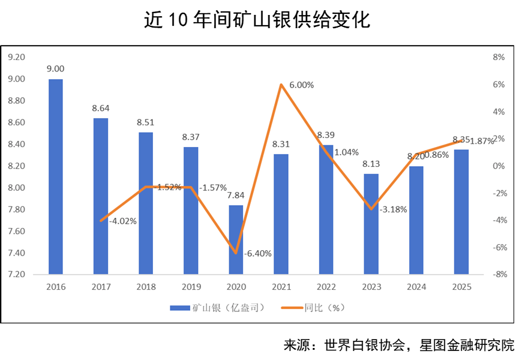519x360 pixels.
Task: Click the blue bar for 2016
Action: coord(56,176)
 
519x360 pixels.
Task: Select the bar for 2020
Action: coord(236,239)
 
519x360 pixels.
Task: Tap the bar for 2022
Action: coord(326,209)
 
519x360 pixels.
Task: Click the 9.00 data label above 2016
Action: coord(56,69)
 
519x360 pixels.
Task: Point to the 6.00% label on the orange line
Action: coord(301,85)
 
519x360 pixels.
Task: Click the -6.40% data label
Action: coord(258,253)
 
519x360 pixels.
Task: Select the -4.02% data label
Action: coord(123,220)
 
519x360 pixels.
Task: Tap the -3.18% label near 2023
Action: coord(393,209)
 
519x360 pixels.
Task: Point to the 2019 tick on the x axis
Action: coord(191,287)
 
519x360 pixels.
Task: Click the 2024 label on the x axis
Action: coord(416,287)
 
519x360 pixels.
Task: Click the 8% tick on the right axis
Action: coord(498,57)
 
